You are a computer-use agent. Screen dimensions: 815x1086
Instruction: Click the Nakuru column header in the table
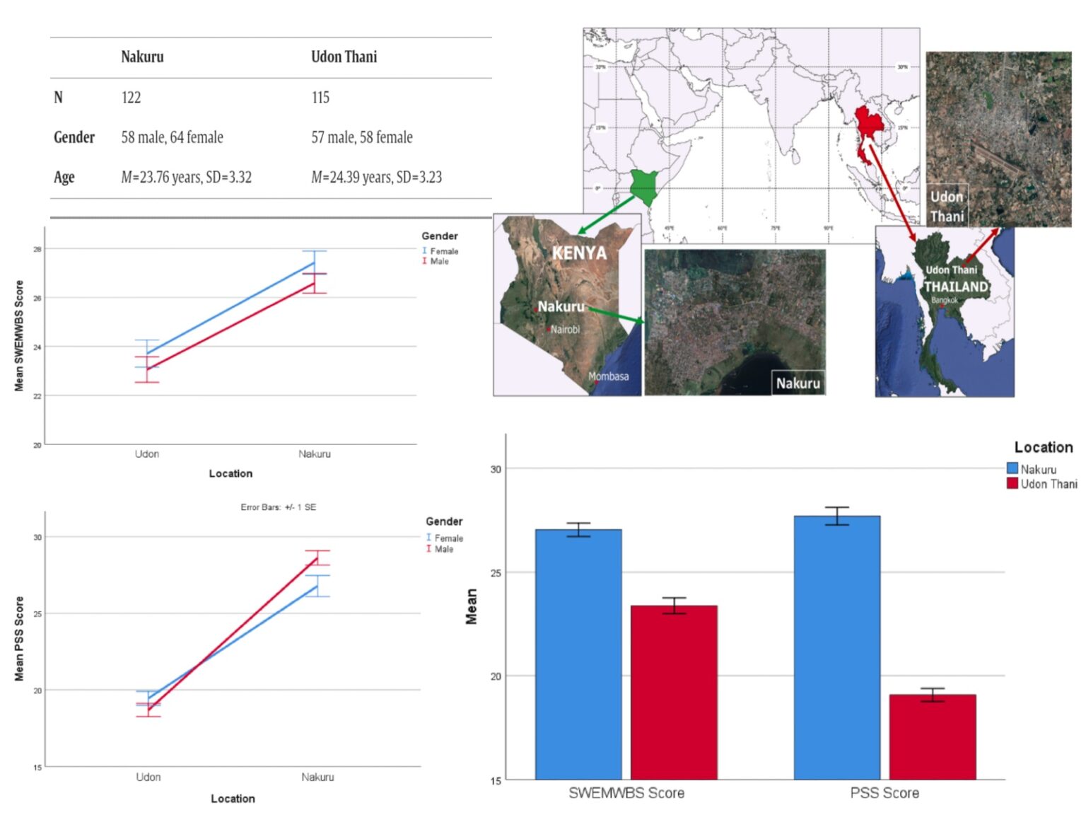142,57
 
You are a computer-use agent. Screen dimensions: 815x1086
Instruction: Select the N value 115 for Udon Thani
320,98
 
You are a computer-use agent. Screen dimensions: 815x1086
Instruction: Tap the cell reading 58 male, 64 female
172,137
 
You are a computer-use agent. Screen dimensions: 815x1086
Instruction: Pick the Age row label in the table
64,177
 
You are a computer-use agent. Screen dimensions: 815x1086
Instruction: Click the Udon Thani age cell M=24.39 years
376,177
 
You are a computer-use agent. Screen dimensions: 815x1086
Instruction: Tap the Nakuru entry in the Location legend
1037,469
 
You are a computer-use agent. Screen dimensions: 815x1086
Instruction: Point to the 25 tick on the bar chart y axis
496,572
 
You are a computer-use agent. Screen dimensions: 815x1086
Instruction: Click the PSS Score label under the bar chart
884,793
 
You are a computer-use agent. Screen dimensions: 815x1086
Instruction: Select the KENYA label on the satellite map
579,253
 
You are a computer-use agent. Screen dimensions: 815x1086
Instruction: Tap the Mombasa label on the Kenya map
608,376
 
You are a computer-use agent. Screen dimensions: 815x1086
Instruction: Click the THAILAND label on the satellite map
956,287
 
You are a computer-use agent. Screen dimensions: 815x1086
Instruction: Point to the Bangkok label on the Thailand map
944,300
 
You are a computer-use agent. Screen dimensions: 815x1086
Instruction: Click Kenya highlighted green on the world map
644,185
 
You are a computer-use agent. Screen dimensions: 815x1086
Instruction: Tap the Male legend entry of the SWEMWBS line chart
439,262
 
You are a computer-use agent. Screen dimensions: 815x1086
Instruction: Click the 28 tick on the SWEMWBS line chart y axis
37,249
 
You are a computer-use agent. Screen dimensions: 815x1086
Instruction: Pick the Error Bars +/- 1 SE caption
278,507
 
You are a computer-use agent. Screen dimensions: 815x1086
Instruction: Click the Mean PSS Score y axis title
19,638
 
